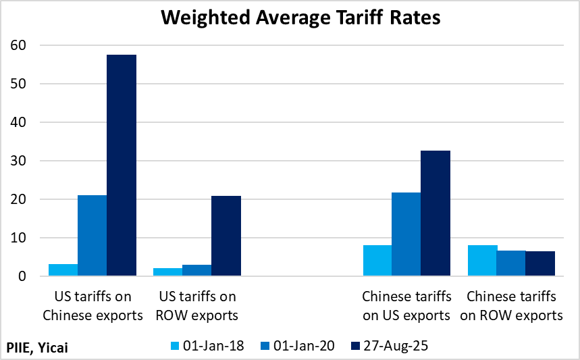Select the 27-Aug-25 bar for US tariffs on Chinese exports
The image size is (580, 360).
pos(122,165)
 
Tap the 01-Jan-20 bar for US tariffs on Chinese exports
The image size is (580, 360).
pos(93,236)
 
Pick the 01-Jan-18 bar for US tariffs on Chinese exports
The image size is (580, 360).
pos(63,270)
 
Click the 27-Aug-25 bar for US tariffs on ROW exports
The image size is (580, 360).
pos(226,236)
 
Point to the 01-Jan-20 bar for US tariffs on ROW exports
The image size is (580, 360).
pos(197,271)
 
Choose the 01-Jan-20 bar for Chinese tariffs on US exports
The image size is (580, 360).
pos(406,234)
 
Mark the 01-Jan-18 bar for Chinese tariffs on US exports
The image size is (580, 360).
pos(377,261)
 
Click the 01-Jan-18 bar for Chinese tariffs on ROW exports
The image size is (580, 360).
pos(482,261)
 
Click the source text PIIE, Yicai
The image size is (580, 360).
pos(38,347)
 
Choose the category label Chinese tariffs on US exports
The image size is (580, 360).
pos(406,306)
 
